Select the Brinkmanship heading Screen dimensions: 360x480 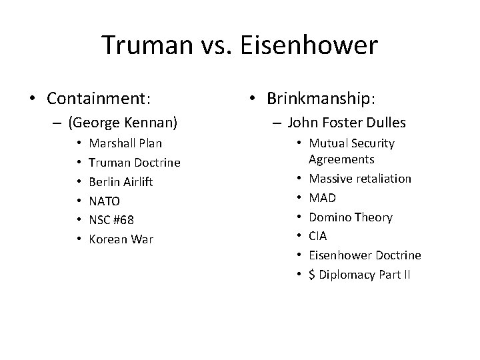[x=321, y=99]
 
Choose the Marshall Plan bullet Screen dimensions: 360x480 [x=125, y=143]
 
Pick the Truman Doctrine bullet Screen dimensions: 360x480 [x=135, y=162]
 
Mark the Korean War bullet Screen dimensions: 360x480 [x=121, y=239]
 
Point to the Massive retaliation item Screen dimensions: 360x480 [x=359, y=179]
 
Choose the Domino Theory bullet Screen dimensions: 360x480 [x=350, y=217]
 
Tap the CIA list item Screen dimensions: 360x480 [x=317, y=236]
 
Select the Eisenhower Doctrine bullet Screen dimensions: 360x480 [x=364, y=255]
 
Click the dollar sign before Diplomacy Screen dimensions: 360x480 [x=311, y=274]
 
